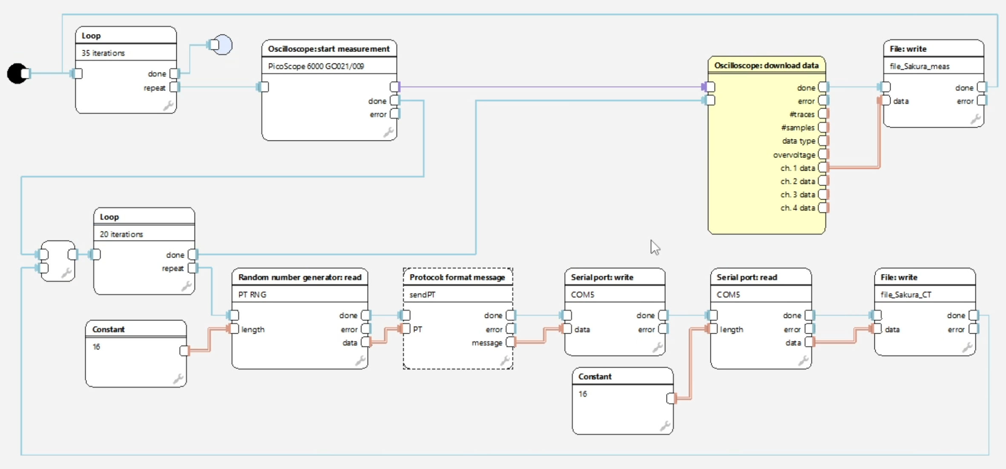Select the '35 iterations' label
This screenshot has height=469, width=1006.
pyautogui.click(x=103, y=53)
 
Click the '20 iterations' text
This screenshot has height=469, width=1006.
pyautogui.click(x=121, y=234)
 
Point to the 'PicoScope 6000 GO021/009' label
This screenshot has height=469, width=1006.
pyautogui.click(x=316, y=66)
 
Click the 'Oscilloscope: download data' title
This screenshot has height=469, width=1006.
pyautogui.click(x=766, y=66)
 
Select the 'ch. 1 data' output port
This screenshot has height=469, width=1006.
pyautogui.click(x=823, y=168)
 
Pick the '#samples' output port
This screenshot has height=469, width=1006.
pyautogui.click(x=823, y=127)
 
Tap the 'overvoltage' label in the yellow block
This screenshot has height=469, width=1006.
pyautogui.click(x=794, y=155)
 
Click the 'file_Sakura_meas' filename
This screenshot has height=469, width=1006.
pyautogui.click(x=919, y=66)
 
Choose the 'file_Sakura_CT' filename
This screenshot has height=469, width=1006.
pyautogui.click(x=905, y=295)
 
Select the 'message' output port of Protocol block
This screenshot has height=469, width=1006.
pyautogui.click(x=511, y=342)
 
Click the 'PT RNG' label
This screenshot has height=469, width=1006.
pyautogui.click(x=252, y=295)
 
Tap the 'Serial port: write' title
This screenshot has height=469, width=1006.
pyautogui.click(x=602, y=277)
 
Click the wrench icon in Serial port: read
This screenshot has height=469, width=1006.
pyautogui.click(x=803, y=361)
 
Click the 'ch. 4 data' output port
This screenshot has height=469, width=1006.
pyautogui.click(x=823, y=208)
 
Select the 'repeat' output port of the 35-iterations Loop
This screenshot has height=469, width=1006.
pyautogui.click(x=174, y=87)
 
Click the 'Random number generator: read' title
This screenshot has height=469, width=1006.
pyautogui.click(x=299, y=277)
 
